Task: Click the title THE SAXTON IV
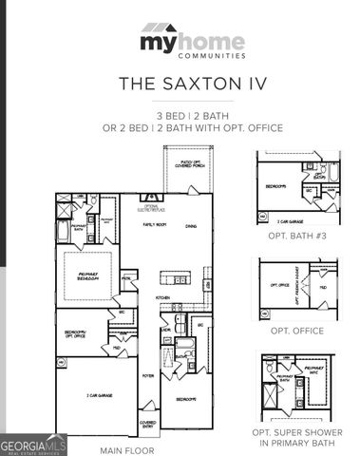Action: pyautogui.click(x=180, y=84)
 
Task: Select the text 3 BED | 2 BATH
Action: pyautogui.click(x=180, y=113)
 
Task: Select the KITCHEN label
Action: pyautogui.click(x=162, y=297)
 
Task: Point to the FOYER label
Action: pyautogui.click(x=149, y=375)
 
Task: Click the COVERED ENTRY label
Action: pyautogui.click(x=148, y=425)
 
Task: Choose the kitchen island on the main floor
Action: pyautogui.click(x=176, y=278)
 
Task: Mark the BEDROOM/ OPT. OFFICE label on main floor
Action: pyautogui.click(x=75, y=333)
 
